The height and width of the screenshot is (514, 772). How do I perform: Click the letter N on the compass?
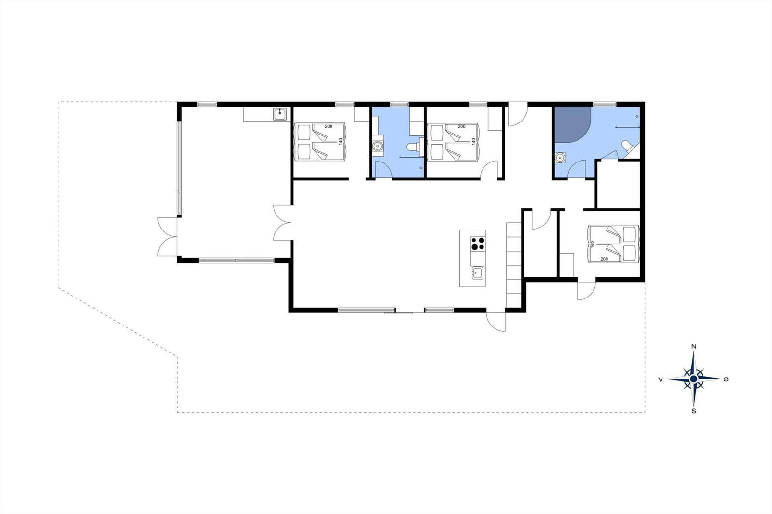pyautogui.click(x=693, y=346)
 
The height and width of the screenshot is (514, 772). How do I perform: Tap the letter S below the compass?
pyautogui.click(x=693, y=411)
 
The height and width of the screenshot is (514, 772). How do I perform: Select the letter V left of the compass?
pyautogui.click(x=660, y=379)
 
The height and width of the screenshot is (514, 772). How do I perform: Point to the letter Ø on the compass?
pyautogui.click(x=726, y=379)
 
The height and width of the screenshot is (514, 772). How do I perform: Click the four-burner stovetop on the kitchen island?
pyautogui.click(x=478, y=243)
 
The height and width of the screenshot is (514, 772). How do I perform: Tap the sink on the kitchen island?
pyautogui.click(x=477, y=273)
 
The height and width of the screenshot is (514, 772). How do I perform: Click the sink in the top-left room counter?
pyautogui.click(x=279, y=114)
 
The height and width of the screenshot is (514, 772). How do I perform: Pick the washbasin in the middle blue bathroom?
pyautogui.click(x=378, y=145)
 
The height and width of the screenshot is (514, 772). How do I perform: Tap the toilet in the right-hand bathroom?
pyautogui.click(x=627, y=146)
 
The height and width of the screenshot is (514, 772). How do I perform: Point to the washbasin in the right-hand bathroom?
pyautogui.click(x=561, y=157)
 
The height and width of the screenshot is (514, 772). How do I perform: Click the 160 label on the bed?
pyautogui.click(x=592, y=244)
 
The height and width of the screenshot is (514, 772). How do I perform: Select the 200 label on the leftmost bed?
pyautogui.click(x=328, y=126)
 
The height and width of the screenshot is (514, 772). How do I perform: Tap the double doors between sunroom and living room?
pyautogui.click(x=281, y=222)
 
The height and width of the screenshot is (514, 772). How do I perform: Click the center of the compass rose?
pyautogui.click(x=693, y=379)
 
